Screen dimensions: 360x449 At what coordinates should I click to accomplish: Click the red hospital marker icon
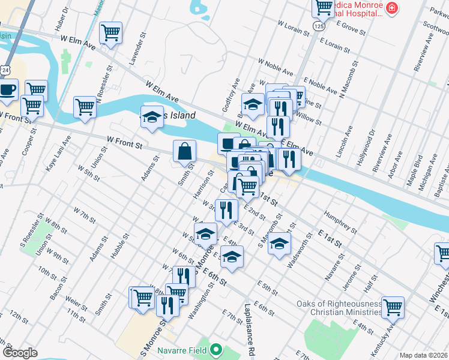[391, 8]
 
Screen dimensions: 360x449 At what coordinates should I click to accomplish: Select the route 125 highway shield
[319, 27]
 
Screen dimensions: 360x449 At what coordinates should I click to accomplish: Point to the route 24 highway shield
[5, 70]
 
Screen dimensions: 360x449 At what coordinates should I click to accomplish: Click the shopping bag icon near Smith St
[185, 151]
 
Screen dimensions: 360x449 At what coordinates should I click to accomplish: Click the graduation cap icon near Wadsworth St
[279, 244]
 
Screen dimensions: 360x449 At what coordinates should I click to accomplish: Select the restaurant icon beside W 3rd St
[225, 209]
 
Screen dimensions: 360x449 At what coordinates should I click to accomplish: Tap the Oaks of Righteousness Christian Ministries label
[339, 308]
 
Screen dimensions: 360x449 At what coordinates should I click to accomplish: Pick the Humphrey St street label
[340, 221]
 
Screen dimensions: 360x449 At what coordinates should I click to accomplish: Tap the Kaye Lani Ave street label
[59, 153]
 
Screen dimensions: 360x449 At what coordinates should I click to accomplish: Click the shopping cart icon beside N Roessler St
[85, 107]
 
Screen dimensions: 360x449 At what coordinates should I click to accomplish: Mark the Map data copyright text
[423, 355]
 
